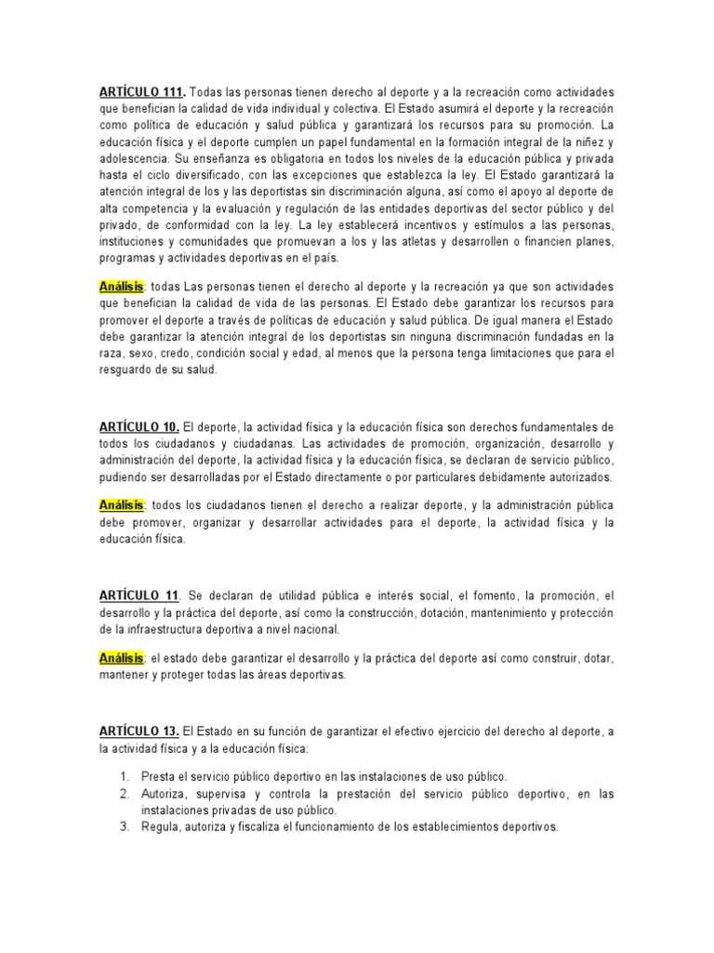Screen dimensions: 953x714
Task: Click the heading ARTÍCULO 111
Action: click(142, 94)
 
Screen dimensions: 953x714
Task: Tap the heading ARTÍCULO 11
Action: click(138, 595)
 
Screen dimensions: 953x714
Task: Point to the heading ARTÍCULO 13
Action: click(139, 732)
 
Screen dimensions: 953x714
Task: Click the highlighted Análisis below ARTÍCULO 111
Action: click(121, 287)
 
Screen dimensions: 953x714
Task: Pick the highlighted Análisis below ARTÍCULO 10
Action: click(121, 505)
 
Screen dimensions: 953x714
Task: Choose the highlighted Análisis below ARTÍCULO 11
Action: click(121, 658)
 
